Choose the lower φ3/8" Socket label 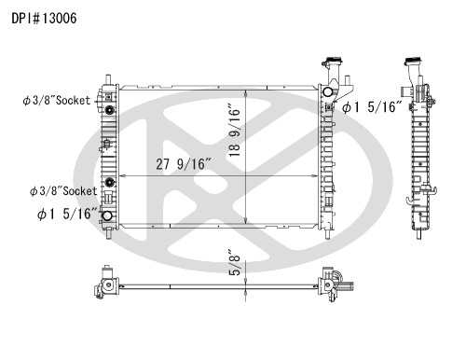point(63,190)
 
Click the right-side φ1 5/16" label point(373,108)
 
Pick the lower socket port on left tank point(111,182)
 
